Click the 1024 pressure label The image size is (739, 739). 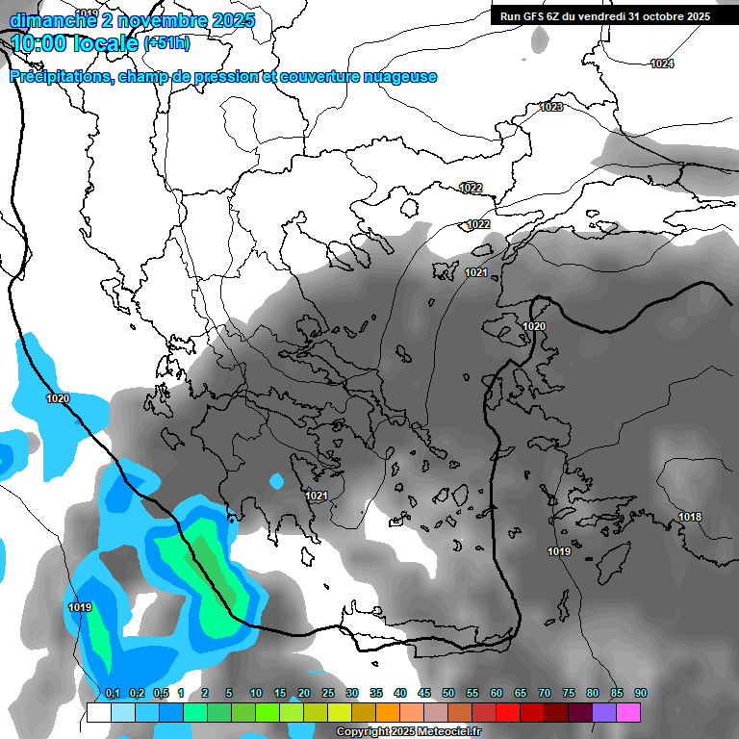[662, 64]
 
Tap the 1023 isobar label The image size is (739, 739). [551, 107]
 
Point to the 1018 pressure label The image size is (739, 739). [690, 517]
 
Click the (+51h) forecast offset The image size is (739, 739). [166, 43]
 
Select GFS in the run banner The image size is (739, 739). [537, 16]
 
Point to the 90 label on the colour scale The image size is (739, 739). [641, 693]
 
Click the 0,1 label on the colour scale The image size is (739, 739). [112, 693]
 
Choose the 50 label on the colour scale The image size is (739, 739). [448, 693]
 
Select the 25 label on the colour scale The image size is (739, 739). [328, 693]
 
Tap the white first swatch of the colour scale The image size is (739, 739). [99, 712]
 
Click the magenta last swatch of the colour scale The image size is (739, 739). [628, 712]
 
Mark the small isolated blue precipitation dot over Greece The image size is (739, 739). [277, 480]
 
